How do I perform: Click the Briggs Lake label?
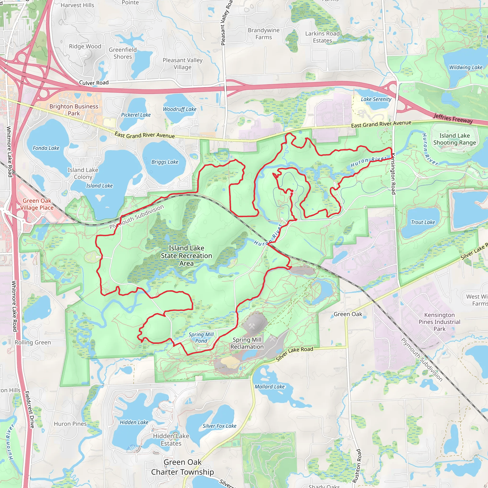coord(165,162)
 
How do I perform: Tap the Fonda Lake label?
coord(46,148)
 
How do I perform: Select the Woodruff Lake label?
coord(180,109)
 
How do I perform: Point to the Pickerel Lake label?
coord(136,115)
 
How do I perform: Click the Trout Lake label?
coord(423,222)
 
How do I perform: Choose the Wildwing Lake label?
coord(466,67)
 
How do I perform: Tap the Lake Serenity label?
coord(376,99)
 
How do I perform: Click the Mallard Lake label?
coord(269,387)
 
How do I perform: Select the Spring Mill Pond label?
coord(201,338)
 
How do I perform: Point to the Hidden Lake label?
coord(134,422)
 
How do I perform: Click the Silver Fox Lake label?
coord(219,426)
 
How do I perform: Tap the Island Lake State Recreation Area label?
coord(186,256)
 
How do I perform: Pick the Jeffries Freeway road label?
coord(453,118)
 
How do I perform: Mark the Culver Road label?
coord(94,83)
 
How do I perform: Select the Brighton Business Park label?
coord(74,110)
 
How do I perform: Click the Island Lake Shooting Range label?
coord(454,139)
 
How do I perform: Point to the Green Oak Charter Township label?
coord(182,467)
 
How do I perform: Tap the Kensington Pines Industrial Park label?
coord(439,322)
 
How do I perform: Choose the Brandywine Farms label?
coord(264,34)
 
